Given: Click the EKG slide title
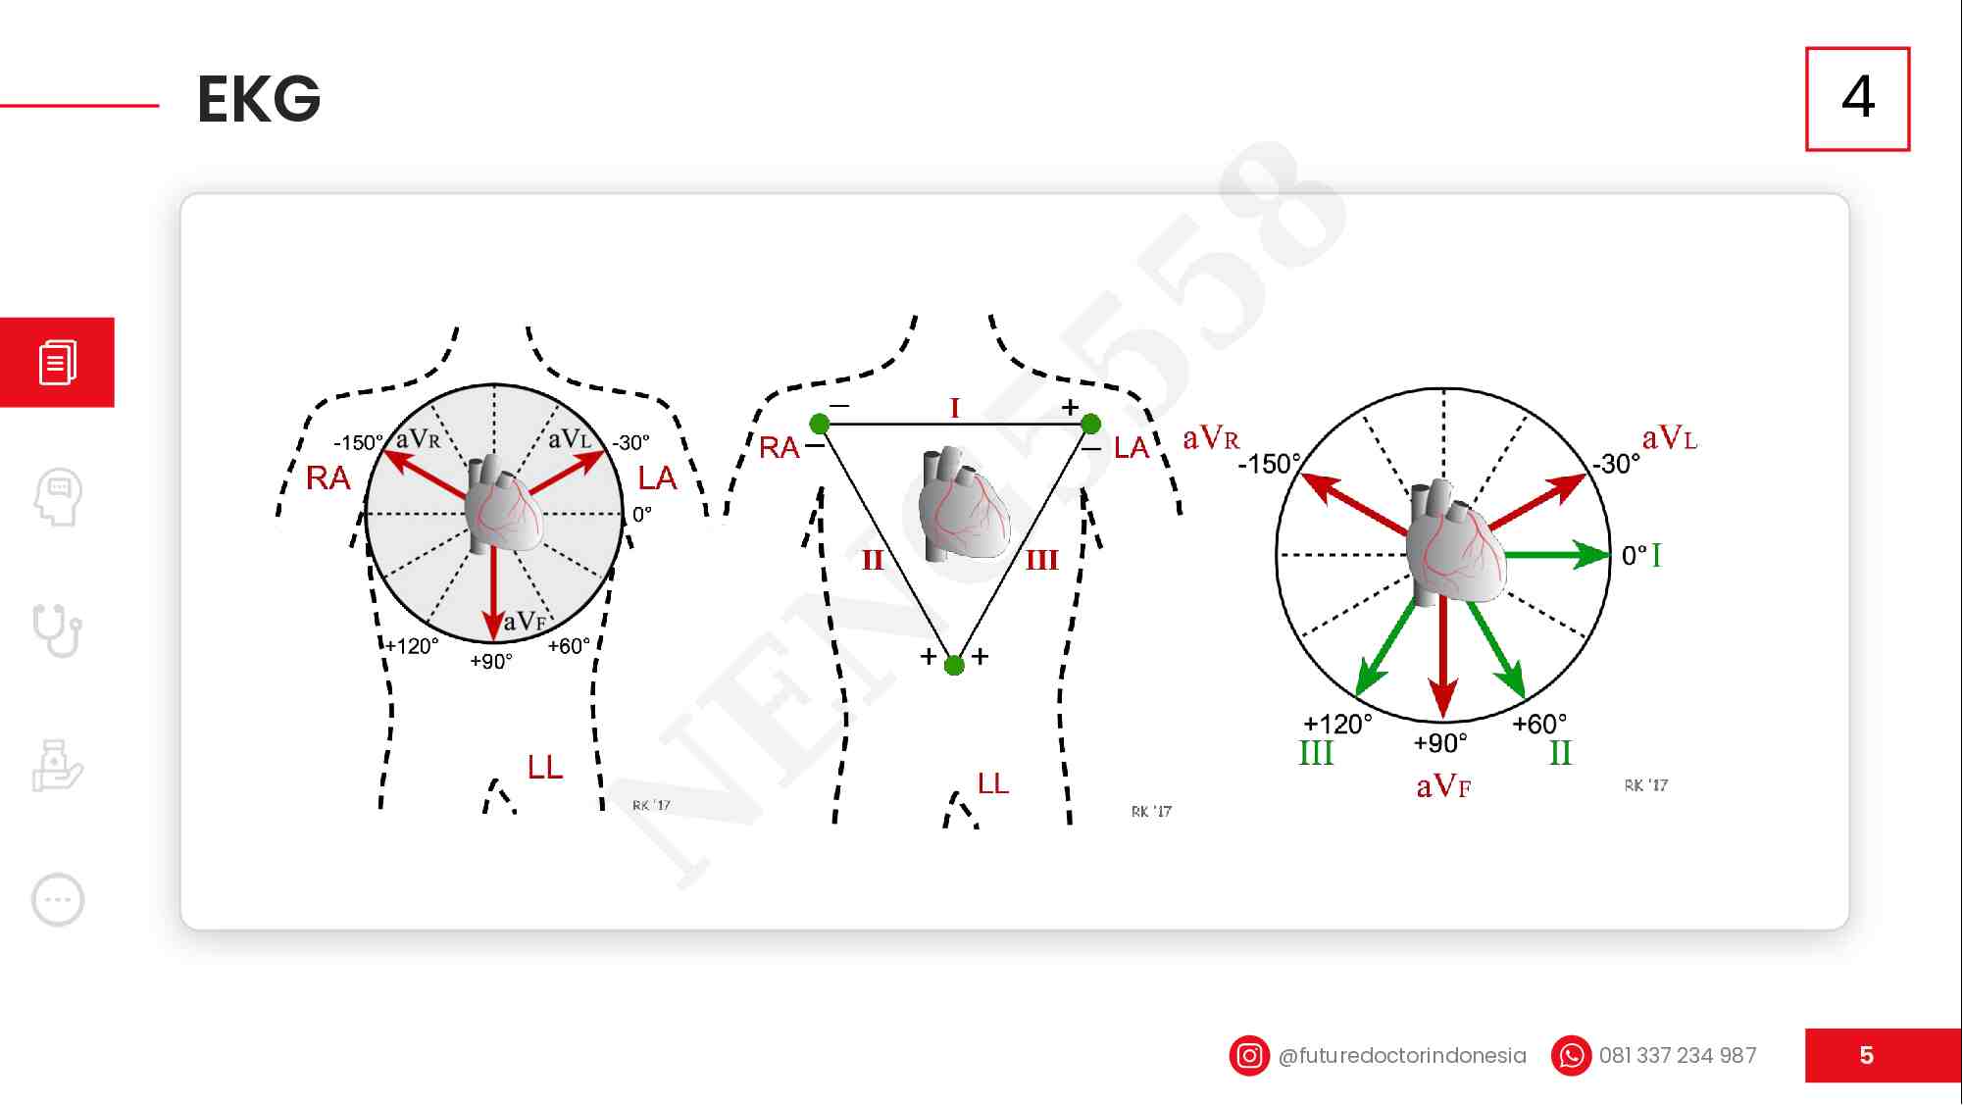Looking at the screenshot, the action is pos(259,99).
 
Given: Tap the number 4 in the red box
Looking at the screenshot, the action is pos(1858,97).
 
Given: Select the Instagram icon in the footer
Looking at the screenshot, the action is pos(1249,1056).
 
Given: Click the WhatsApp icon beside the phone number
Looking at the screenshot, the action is pos(1571,1056).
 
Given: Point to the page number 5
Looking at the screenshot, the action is pos(1867,1055).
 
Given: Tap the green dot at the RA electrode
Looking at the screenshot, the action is pos(820,424).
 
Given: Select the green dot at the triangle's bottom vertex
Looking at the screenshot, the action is pos(954,666).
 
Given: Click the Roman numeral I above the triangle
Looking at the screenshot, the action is pos(955,407).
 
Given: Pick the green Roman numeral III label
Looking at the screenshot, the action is pos(1316,753).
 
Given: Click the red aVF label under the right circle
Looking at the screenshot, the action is pos(1443,786).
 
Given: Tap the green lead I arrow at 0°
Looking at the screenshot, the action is pos(1558,555).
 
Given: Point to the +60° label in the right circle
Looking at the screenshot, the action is pos(1539,724).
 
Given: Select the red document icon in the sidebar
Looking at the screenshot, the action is pos(57,362).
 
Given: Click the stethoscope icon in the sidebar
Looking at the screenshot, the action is pos(57,629).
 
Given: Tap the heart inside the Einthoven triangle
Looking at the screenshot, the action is pos(964,504).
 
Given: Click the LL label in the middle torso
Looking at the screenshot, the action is pos(993,782).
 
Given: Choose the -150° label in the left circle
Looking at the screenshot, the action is pos(359,443).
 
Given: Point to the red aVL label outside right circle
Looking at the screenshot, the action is pos(1670,438).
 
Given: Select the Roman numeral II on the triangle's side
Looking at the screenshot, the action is pos(873,560).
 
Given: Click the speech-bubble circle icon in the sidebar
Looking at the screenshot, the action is pos(58,899).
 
